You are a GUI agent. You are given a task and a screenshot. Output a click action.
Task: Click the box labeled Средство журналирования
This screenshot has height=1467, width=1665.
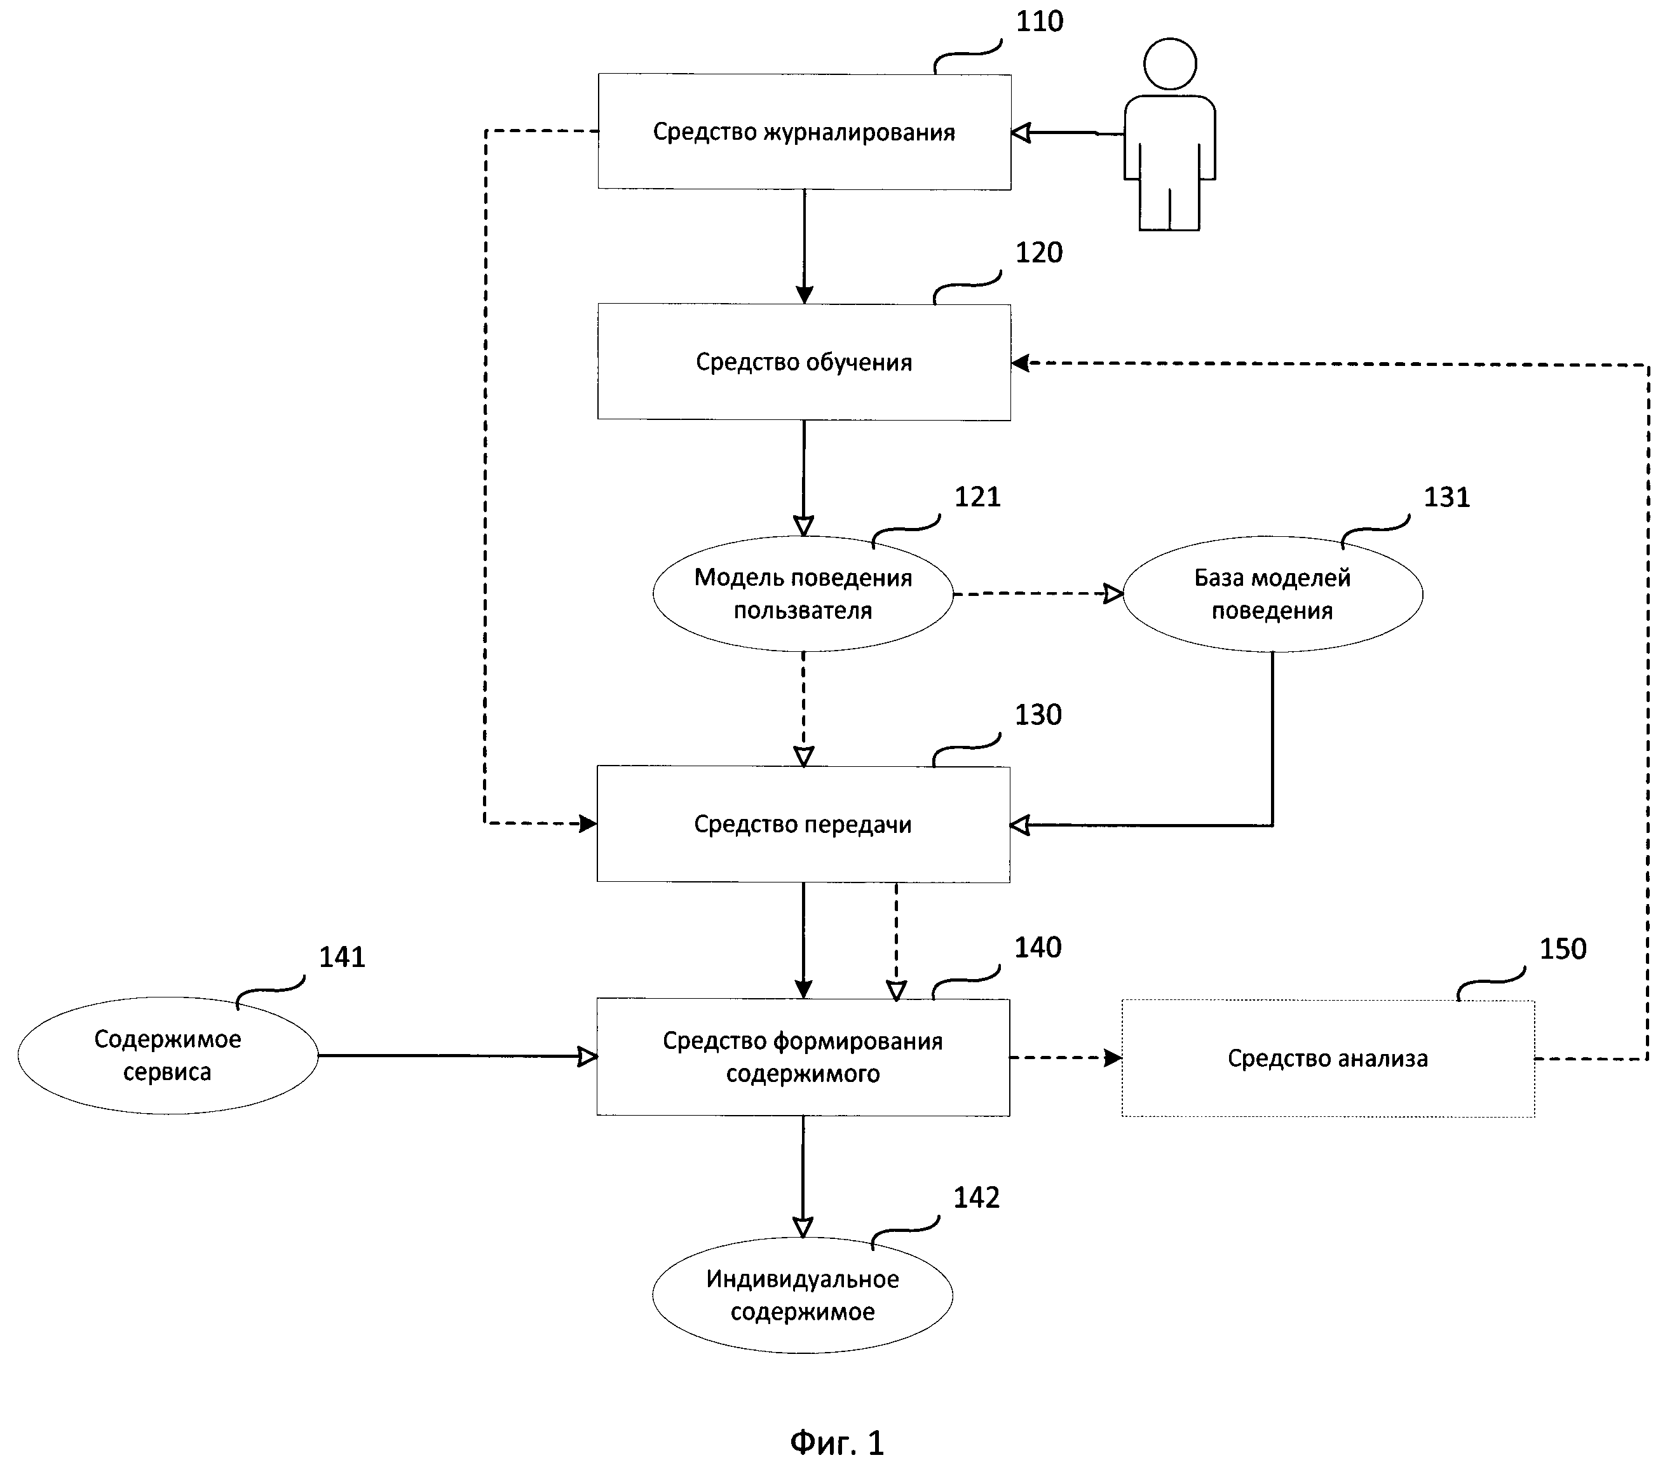[804, 132]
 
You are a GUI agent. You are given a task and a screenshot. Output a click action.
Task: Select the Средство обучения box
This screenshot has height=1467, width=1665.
[804, 363]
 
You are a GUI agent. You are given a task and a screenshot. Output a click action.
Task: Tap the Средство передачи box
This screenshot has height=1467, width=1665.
[803, 824]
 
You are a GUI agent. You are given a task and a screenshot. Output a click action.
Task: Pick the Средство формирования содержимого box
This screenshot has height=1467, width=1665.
[803, 1057]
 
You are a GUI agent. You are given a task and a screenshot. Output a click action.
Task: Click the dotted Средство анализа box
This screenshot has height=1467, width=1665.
[1328, 1058]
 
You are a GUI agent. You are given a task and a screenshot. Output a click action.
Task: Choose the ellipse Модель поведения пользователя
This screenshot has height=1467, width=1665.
[803, 594]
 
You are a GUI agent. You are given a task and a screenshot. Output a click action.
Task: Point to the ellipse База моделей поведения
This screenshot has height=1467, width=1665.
[1272, 594]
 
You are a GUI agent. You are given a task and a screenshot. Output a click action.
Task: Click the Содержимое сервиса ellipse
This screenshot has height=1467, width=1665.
[168, 1056]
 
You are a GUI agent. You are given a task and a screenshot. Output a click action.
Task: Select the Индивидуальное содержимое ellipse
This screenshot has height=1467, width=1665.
[803, 1295]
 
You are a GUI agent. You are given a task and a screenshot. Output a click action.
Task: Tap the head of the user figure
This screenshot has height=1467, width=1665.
[1170, 64]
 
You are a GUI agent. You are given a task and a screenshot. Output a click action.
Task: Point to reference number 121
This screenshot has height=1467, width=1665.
[977, 497]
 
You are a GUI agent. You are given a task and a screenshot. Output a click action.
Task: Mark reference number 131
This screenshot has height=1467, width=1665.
[1446, 497]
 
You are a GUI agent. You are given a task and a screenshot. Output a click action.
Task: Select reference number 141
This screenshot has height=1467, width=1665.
[342, 957]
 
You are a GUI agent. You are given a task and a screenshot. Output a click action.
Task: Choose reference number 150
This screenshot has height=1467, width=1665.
[1562, 949]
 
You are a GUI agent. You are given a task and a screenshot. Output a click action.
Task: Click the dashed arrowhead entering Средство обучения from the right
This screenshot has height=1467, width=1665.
[1021, 363]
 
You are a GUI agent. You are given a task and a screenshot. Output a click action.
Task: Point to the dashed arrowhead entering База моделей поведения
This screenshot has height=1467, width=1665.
[1113, 594]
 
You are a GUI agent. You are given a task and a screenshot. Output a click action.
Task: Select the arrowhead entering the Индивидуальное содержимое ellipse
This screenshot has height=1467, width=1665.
[803, 1227]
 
